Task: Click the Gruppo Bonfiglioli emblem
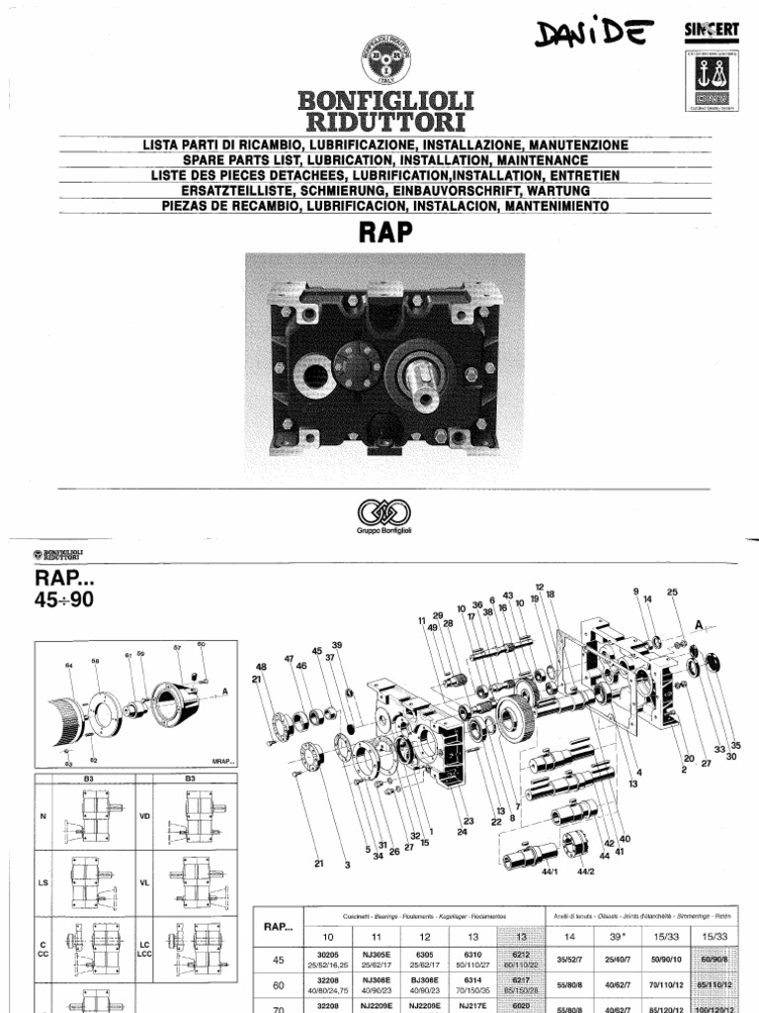(x=379, y=514)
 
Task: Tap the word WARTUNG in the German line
(x=555, y=190)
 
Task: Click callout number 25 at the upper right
(x=673, y=593)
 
